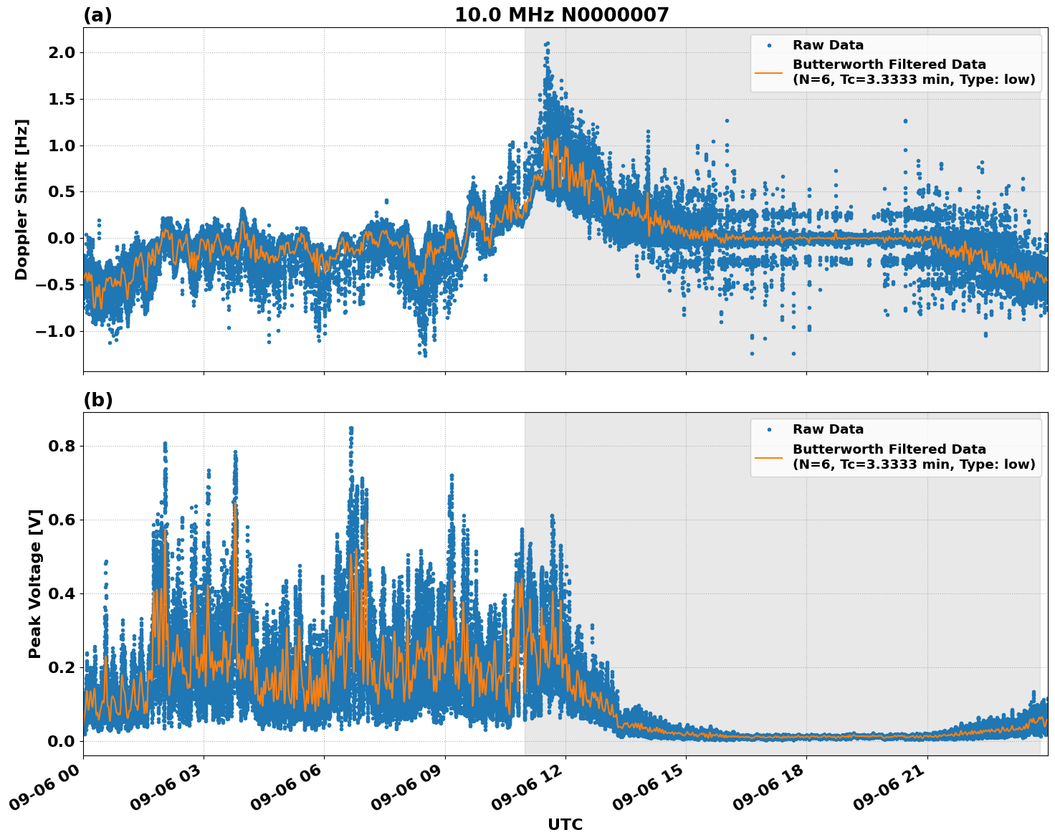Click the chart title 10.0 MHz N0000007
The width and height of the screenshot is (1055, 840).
(x=561, y=15)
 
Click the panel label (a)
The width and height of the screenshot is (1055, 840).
(x=97, y=15)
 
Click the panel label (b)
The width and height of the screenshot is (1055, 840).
(x=97, y=400)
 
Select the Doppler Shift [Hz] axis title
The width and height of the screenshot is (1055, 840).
(x=22, y=199)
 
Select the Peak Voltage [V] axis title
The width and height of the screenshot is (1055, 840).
(x=35, y=583)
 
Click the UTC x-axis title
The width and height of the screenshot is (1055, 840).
(x=565, y=824)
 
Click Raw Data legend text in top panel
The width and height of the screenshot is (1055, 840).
(x=828, y=45)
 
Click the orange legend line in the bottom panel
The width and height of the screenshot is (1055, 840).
(x=769, y=457)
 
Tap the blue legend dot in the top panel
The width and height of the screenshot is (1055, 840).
(x=769, y=45)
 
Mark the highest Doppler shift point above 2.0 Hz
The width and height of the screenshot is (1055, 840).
(x=548, y=43)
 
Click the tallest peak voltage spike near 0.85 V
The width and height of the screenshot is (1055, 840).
(x=350, y=429)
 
